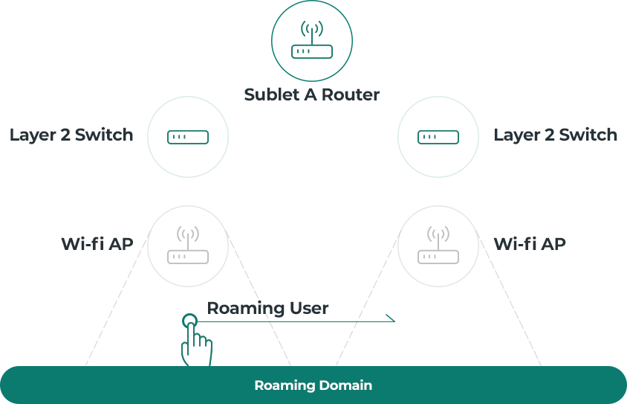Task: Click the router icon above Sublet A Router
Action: pyautogui.click(x=312, y=40)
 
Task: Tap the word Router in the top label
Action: pyautogui.click(x=351, y=95)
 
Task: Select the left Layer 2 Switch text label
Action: pyautogui.click(x=71, y=135)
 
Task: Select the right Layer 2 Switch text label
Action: pyautogui.click(x=556, y=135)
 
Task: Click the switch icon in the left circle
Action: pyautogui.click(x=188, y=137)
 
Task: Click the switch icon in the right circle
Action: pyautogui.click(x=438, y=137)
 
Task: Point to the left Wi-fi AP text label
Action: pyautogui.click(x=97, y=244)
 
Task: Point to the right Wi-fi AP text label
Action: pyautogui.click(x=530, y=244)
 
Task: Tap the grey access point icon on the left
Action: pyautogui.click(x=188, y=245)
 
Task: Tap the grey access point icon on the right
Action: pyautogui.click(x=438, y=245)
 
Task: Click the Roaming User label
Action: pyautogui.click(x=267, y=308)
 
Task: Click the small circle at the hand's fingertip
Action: pyautogui.click(x=189, y=321)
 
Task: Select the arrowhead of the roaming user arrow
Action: pyautogui.click(x=391, y=318)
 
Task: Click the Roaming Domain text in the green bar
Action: pyautogui.click(x=313, y=385)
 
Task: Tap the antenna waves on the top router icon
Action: pyautogui.click(x=312, y=29)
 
